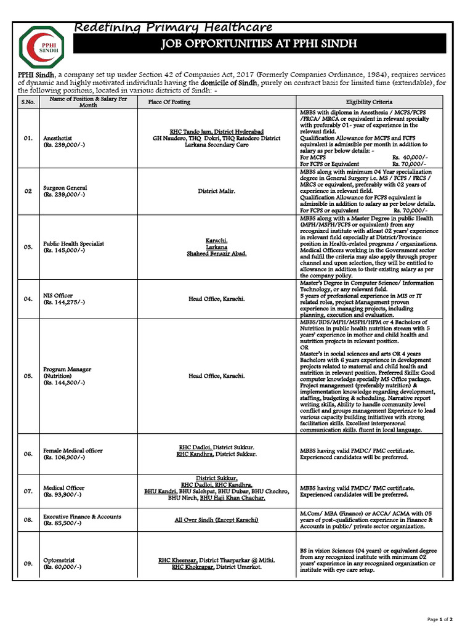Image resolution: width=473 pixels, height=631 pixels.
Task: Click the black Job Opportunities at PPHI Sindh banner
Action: point(259,44)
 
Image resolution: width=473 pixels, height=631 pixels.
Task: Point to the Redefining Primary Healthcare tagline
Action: point(174,27)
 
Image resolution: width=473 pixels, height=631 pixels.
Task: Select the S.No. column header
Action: point(28,102)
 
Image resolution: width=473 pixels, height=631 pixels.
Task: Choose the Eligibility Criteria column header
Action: point(370,102)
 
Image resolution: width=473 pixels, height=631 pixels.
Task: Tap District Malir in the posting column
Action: point(216,191)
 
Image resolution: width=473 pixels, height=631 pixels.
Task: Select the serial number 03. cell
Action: point(28,246)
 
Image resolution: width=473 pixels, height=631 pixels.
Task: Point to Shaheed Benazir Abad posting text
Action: point(216,254)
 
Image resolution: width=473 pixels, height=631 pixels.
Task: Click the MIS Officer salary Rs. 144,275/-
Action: point(64,303)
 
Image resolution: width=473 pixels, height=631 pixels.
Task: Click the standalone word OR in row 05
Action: point(304,348)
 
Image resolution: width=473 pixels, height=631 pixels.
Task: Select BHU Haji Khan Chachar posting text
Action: point(232,497)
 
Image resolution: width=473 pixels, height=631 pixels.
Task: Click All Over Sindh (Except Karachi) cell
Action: point(216,520)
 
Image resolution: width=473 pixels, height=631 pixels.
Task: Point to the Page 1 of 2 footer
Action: point(440,619)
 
